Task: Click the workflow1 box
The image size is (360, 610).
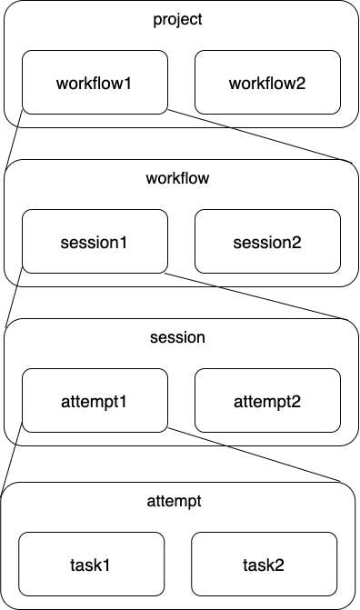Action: tap(95, 83)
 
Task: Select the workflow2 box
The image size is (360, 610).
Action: tap(267, 83)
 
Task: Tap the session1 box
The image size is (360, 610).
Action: tap(95, 242)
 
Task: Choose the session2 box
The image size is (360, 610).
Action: tap(267, 242)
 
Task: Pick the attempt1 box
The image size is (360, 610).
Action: tap(95, 401)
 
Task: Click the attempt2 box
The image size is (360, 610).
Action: tap(267, 401)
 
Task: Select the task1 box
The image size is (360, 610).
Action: tap(91, 565)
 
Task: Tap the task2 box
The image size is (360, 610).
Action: tap(264, 565)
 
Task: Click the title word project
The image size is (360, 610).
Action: tap(177, 19)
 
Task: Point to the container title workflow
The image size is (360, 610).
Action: tap(177, 178)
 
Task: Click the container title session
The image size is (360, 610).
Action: tap(177, 337)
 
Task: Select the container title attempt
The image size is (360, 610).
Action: tap(177, 500)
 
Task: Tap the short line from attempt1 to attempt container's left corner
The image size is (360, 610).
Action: tap(13, 461)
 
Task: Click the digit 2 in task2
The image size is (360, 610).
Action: tap(280, 565)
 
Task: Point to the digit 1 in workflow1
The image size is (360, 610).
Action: tap(128, 83)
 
